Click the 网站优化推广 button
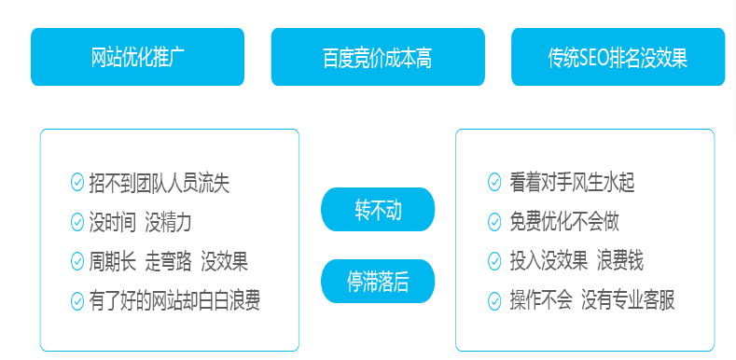(x=137, y=57)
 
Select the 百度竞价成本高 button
(x=377, y=58)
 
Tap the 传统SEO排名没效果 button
(x=618, y=58)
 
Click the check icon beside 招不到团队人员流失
(x=77, y=183)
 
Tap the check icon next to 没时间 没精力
(x=77, y=222)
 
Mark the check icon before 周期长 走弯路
(x=77, y=261)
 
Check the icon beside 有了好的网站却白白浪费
(x=77, y=300)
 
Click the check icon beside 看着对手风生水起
(x=494, y=183)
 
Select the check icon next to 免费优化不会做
(x=494, y=222)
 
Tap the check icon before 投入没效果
(x=494, y=261)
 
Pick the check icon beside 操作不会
(x=494, y=300)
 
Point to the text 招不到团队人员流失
(x=160, y=183)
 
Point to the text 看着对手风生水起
(x=573, y=183)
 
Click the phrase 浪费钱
(x=620, y=261)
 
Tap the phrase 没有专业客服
(x=628, y=300)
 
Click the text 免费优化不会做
(x=564, y=222)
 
